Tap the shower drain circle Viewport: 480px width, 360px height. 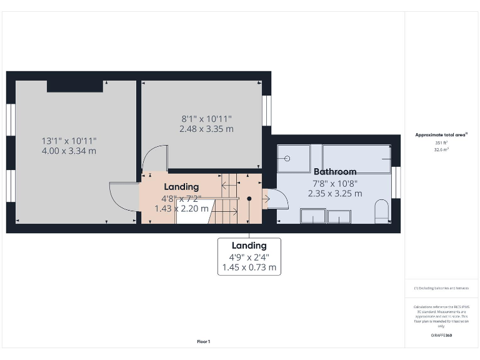287,158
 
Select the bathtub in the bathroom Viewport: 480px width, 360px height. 356,159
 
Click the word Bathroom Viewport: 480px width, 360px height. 335,171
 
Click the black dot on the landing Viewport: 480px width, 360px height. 249,198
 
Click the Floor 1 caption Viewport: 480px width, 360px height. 204,341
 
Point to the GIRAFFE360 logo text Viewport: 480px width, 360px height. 441,336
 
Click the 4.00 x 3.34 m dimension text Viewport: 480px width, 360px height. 69,151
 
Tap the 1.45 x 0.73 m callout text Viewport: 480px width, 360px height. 249,267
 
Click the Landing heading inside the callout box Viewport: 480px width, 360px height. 249,246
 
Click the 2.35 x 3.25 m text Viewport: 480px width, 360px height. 335,193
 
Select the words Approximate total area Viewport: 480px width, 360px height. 440,134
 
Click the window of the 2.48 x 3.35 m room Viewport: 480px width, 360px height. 267,111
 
